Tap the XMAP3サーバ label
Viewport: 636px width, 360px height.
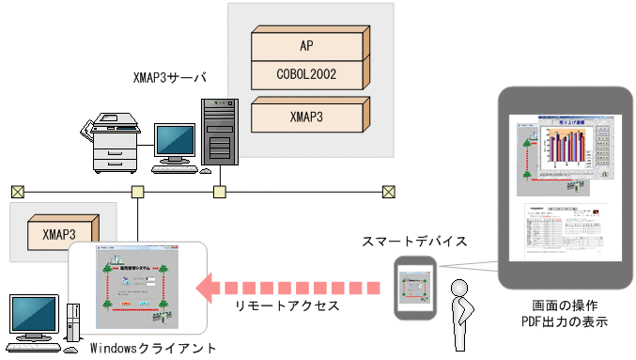click(x=169, y=76)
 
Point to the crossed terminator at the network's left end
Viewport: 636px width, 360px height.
click(x=17, y=192)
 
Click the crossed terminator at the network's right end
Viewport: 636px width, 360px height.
click(x=387, y=192)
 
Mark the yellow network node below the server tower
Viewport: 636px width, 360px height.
click(x=219, y=192)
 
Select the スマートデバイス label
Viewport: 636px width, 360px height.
click(x=414, y=242)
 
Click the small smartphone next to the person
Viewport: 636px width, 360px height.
click(x=414, y=288)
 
